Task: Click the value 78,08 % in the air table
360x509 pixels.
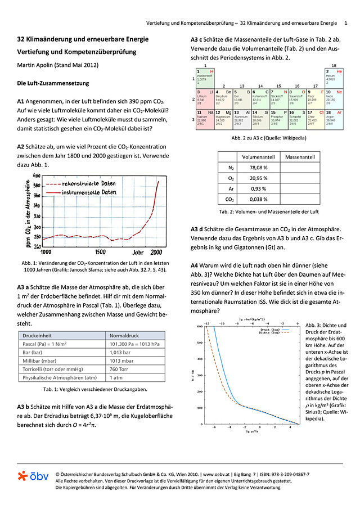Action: [x=258, y=168]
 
